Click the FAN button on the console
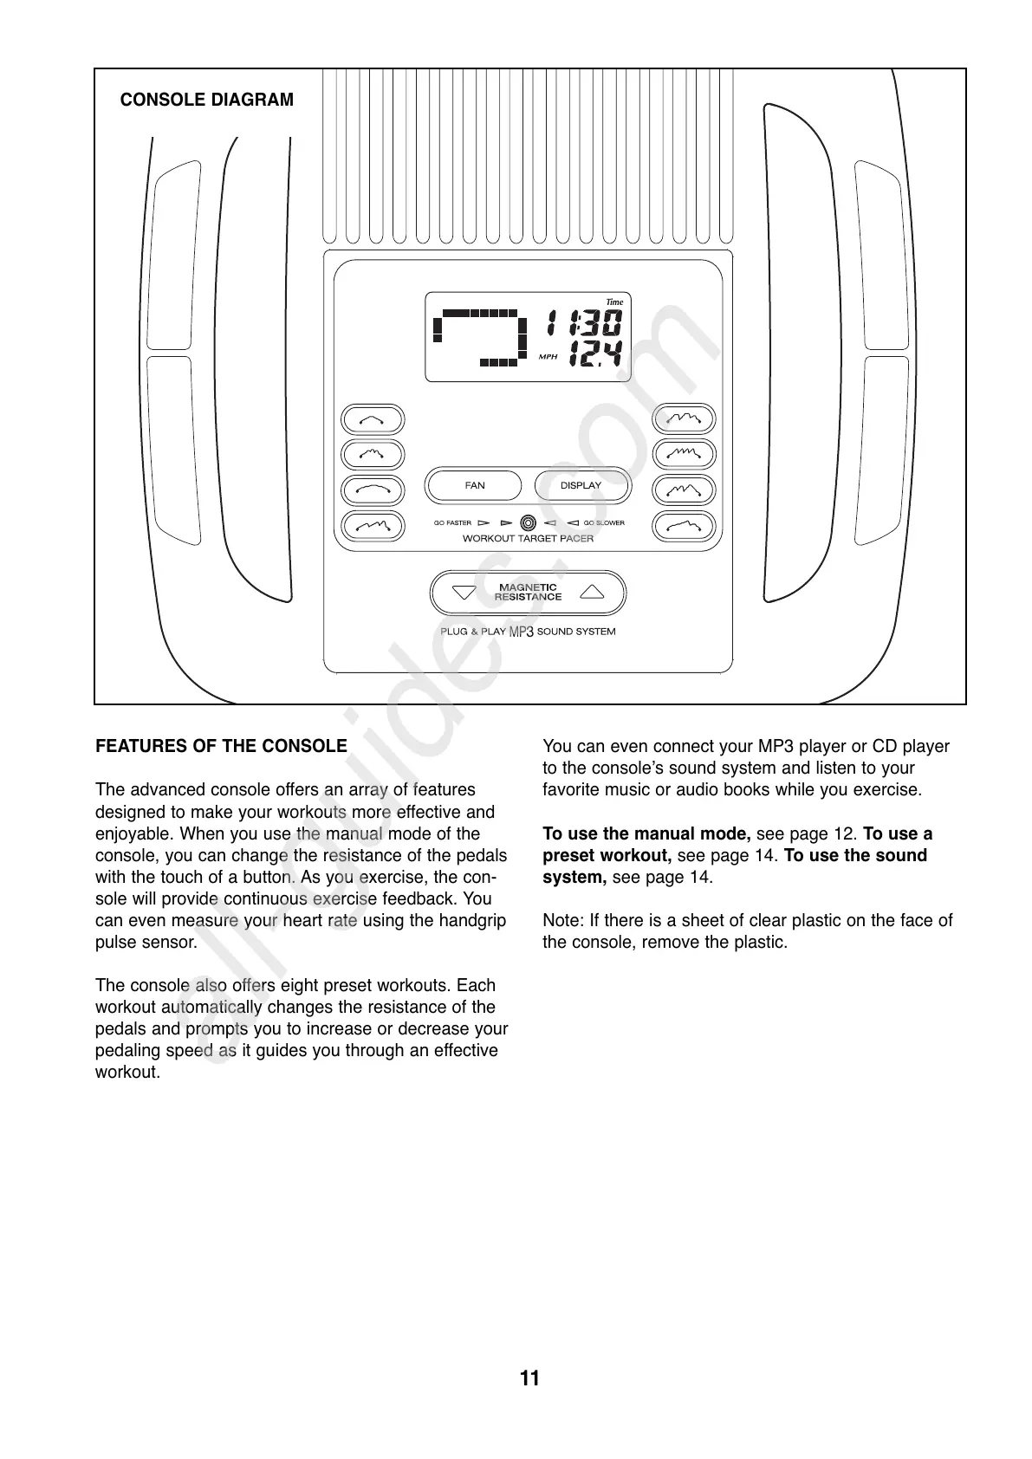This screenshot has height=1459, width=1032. [x=474, y=485]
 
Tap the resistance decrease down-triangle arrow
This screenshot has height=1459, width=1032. [x=464, y=593]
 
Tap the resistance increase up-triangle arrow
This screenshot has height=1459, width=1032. [x=592, y=593]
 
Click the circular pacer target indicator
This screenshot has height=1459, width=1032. [x=528, y=522]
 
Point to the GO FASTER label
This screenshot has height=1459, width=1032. [x=452, y=523]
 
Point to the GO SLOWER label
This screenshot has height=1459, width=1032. [x=604, y=523]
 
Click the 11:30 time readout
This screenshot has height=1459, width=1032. [x=583, y=324]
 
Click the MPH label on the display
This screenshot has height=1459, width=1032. [x=548, y=357]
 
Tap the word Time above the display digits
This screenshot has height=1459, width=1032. [x=613, y=302]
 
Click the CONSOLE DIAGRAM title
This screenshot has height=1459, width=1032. [x=206, y=100]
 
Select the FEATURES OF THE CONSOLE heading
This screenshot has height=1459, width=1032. [x=221, y=746]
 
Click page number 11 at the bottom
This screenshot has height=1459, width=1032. [x=529, y=1378]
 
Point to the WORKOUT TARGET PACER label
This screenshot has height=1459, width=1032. [x=528, y=539]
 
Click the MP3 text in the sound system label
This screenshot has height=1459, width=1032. [x=521, y=632]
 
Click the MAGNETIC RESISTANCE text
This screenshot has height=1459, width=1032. [x=528, y=593]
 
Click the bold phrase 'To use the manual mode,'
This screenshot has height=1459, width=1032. [x=646, y=834]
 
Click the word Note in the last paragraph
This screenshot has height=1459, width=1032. [x=560, y=921]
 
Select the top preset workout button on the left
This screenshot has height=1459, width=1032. [x=373, y=420]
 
